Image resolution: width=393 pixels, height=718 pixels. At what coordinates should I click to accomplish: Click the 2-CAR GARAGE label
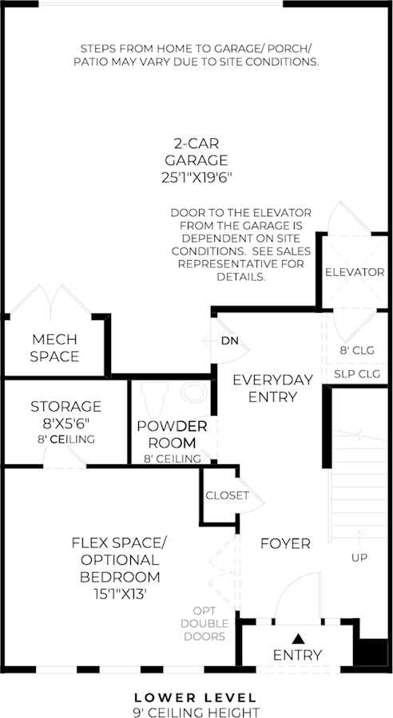[196, 152]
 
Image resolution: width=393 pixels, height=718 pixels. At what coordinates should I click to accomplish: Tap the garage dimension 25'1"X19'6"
[195, 178]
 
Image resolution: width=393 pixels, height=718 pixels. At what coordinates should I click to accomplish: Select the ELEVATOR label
[355, 273]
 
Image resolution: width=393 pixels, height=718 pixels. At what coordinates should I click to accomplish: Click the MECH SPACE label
[54, 348]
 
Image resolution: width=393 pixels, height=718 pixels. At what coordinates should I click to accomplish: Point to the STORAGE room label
[66, 406]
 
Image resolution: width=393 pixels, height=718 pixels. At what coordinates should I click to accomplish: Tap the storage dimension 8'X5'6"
[66, 424]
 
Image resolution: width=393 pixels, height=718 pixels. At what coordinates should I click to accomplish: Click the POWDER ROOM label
[172, 435]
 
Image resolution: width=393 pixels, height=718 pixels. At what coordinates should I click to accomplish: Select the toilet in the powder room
[153, 398]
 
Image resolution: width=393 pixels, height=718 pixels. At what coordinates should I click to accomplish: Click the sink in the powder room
[194, 393]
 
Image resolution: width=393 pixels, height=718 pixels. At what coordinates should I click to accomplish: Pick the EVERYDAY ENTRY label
[273, 389]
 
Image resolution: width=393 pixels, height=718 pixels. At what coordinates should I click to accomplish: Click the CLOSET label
[228, 495]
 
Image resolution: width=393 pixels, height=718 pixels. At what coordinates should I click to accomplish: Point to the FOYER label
[286, 543]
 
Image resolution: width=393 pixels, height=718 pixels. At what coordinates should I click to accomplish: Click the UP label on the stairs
[359, 558]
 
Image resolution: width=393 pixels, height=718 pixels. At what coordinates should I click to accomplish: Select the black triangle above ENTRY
[299, 638]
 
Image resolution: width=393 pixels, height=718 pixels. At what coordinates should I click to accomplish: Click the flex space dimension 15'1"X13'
[121, 594]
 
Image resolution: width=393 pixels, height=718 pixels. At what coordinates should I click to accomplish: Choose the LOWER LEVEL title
[196, 698]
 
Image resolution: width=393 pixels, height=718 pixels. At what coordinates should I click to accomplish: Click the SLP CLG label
[357, 374]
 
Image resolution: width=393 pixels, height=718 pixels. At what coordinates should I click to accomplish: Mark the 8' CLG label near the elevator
[357, 350]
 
